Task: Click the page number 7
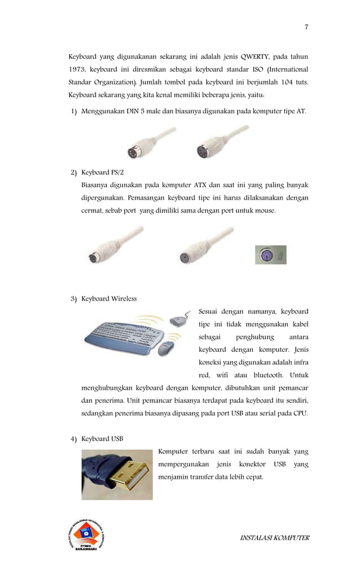click(x=306, y=27)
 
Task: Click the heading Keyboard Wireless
click(x=109, y=298)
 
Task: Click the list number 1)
click(x=74, y=111)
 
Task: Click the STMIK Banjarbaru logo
click(x=86, y=536)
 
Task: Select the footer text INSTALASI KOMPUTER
click(x=275, y=537)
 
